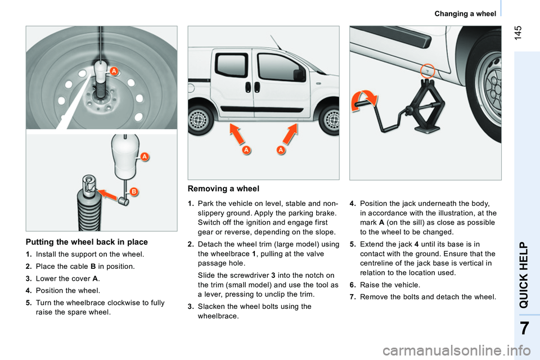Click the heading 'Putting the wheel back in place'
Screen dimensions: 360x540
(x=87, y=242)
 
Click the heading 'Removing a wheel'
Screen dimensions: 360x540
(x=223, y=189)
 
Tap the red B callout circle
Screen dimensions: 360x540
(x=134, y=192)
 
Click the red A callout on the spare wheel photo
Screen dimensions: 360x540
(x=114, y=71)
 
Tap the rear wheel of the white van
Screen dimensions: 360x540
(x=197, y=120)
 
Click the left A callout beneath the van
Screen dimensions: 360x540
(x=246, y=150)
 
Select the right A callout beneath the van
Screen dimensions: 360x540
(x=281, y=150)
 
